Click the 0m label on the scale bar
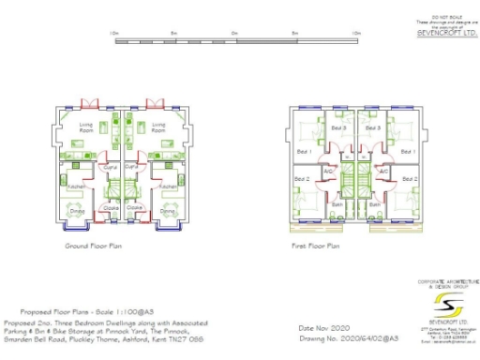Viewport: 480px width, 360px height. [233, 33]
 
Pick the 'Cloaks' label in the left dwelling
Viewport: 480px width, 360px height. [110, 207]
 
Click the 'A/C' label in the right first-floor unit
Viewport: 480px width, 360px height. [383, 172]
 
